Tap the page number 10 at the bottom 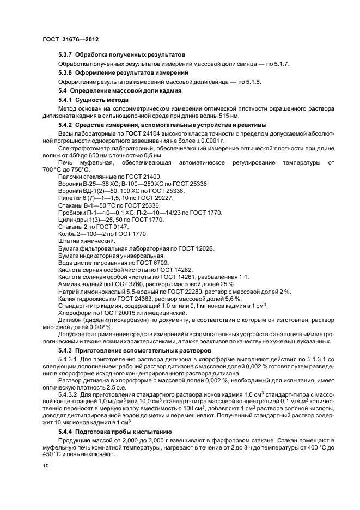45,466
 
